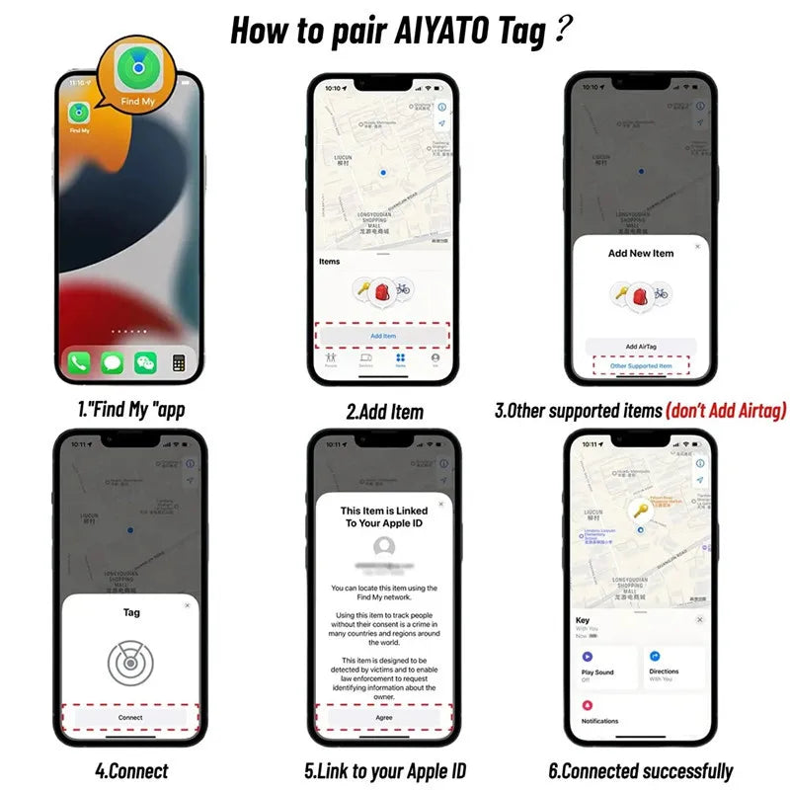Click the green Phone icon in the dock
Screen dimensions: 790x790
80,362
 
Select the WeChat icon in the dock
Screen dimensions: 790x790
145,362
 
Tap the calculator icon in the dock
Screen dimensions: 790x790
179,362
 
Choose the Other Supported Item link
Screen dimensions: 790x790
641,366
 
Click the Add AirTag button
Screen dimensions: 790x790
641,347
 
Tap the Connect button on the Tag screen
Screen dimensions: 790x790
130,717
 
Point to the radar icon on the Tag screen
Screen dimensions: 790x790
130,663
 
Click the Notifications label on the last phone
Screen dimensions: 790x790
600,721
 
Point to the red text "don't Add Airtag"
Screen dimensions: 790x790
726,411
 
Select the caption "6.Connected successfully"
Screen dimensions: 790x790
641,771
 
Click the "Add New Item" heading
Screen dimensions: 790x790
641,253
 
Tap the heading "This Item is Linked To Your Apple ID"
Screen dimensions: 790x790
384,516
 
